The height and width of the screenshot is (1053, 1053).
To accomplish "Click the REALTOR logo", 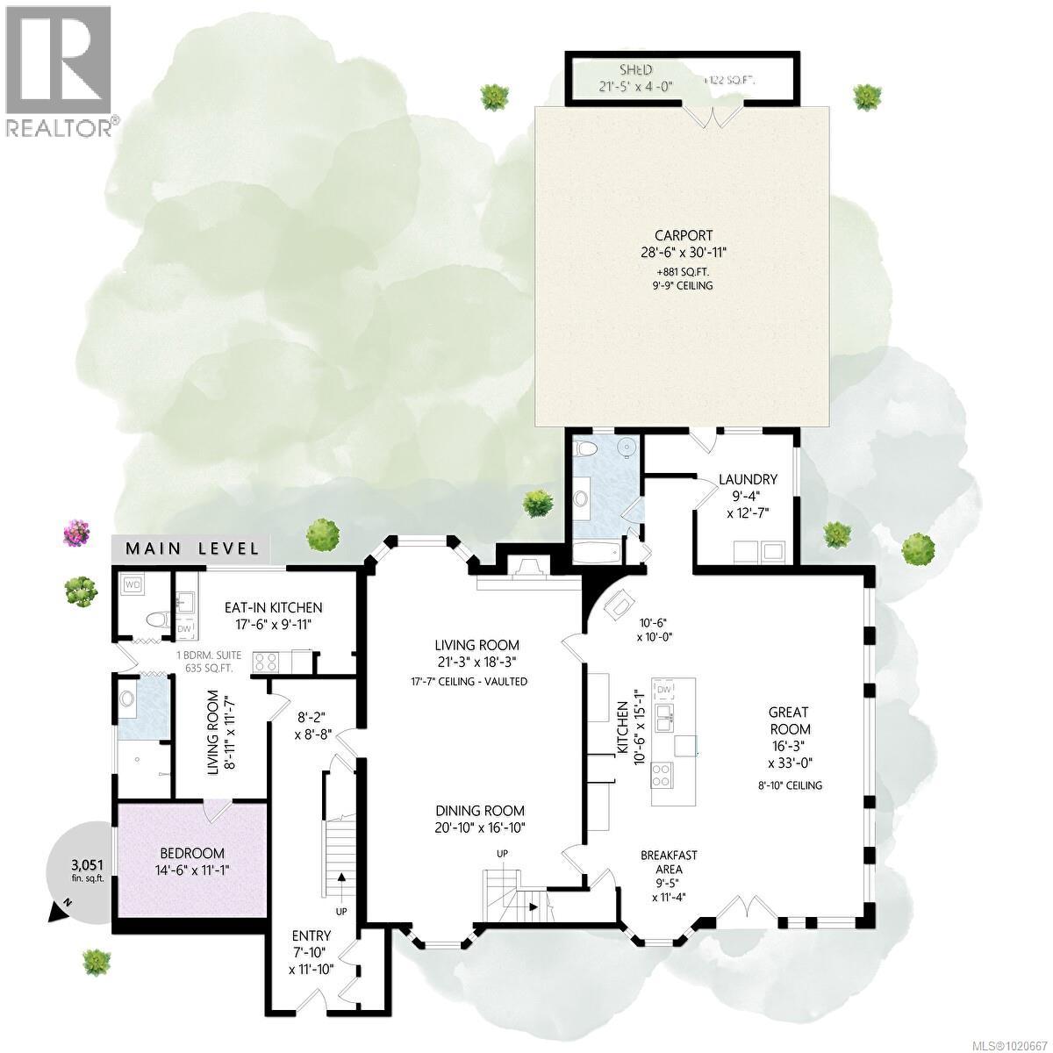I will [x=60, y=70].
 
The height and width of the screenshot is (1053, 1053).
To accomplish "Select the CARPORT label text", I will [x=683, y=234].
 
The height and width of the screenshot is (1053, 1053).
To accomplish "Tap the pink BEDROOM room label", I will [x=191, y=852].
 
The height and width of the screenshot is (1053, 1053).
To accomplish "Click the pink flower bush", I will [x=77, y=531].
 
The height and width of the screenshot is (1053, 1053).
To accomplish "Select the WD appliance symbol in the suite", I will [x=133, y=583].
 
